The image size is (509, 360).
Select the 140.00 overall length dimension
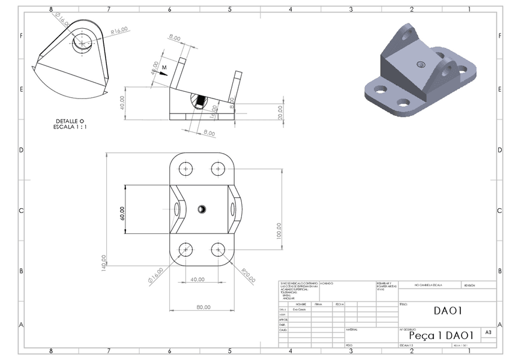[x=104, y=261]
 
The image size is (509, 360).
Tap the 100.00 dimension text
[x=279, y=230]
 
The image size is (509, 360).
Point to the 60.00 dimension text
[x=122, y=214]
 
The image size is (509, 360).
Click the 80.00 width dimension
[x=203, y=307]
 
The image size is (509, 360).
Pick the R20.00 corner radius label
[x=247, y=275]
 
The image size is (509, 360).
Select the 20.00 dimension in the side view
[x=280, y=112]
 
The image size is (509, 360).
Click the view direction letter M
[x=163, y=68]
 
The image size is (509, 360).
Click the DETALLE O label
[x=70, y=121]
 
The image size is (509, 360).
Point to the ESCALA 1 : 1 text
[x=70, y=127]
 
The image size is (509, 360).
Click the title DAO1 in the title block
[x=447, y=311]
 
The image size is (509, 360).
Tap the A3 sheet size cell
[x=488, y=332]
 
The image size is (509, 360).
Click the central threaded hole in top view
[x=202, y=209]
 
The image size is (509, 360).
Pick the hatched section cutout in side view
[x=200, y=100]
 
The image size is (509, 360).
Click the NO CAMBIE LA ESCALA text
[x=429, y=286]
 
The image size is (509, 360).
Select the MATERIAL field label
[x=352, y=329]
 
